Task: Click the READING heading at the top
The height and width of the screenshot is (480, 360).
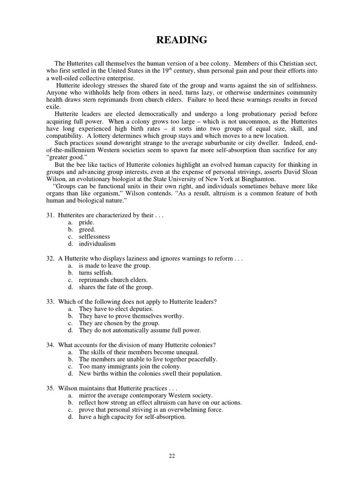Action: [181, 40]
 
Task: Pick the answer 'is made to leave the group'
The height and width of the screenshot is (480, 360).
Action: [114, 266]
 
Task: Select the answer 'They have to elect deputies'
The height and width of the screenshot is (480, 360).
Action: [116, 309]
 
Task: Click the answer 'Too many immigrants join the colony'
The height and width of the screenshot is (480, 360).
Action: [130, 366]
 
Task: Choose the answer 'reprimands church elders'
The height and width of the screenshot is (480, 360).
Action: [112, 280]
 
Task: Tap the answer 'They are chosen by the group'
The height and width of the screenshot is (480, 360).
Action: [119, 323]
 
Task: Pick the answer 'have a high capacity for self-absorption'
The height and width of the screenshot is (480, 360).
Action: [133, 417]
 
